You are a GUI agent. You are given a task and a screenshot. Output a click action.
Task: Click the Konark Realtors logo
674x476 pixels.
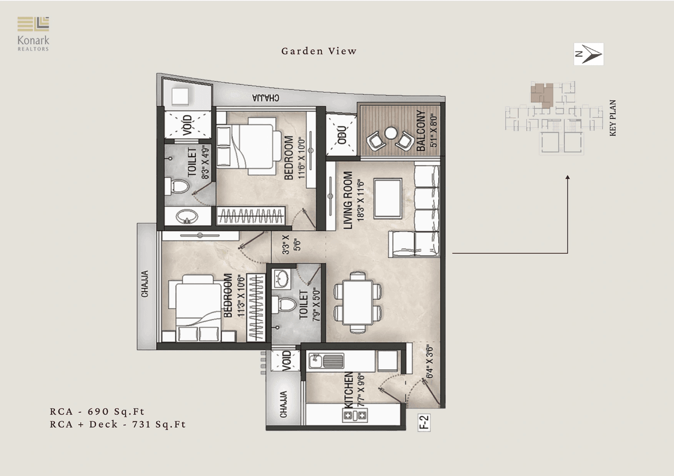pyautogui.click(x=33, y=34)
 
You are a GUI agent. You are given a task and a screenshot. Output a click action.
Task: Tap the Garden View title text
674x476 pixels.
pyautogui.click(x=319, y=51)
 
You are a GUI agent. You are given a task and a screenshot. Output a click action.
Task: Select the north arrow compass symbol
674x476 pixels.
pyautogui.click(x=588, y=54)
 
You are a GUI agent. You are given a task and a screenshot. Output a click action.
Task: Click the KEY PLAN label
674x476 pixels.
pyautogui.click(x=612, y=118)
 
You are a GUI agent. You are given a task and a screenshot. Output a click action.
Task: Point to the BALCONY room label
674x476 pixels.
pyautogui.click(x=421, y=131)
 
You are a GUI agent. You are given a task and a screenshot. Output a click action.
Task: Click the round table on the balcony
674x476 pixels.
pyautogui.click(x=390, y=134)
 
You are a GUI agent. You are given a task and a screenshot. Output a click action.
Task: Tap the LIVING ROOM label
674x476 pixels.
pyautogui.click(x=348, y=200)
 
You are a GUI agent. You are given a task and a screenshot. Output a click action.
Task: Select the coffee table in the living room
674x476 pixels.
pyautogui.click(x=388, y=198)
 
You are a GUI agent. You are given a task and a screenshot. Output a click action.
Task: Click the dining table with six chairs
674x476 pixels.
pyautogui.click(x=358, y=302)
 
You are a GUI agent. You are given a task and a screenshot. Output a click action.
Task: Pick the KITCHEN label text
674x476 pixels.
pyautogui.click(x=348, y=390)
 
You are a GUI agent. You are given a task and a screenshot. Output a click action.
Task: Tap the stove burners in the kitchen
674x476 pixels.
pyautogui.click(x=355, y=416)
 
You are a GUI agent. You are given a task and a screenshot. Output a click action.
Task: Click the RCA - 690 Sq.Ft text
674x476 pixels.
pyautogui.click(x=97, y=411)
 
